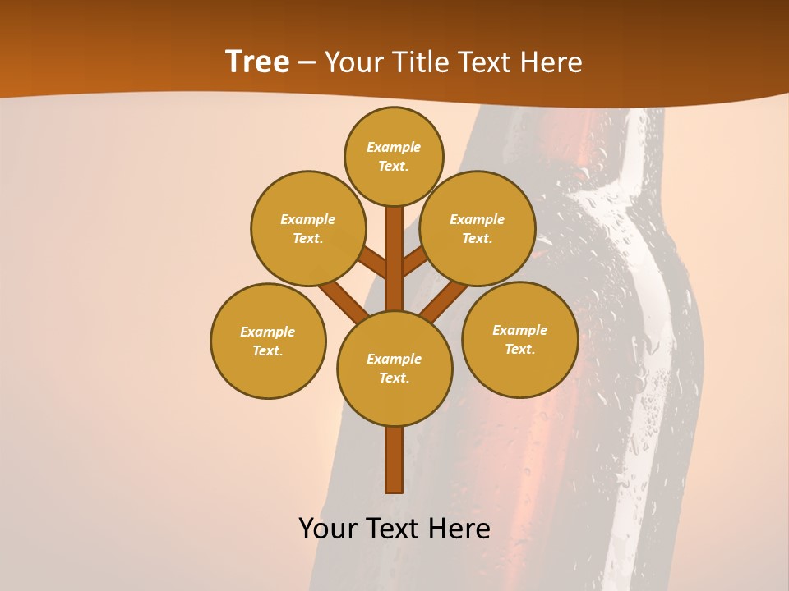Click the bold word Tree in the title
click(x=257, y=62)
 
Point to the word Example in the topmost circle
click(x=394, y=147)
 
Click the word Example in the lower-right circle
click(x=519, y=330)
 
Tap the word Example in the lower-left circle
click(x=267, y=332)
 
